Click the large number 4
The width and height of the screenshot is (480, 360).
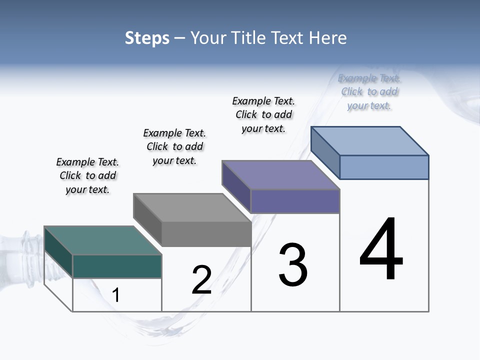point(381,250)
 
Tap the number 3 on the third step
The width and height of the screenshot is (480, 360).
point(292,265)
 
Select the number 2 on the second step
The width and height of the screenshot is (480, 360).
point(201,280)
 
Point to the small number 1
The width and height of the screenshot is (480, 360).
point(116,295)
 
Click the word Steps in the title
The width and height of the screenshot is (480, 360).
point(147,38)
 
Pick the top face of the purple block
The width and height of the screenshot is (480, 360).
point(280,175)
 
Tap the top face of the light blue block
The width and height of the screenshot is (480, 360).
point(369,141)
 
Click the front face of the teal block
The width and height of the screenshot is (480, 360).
point(117,266)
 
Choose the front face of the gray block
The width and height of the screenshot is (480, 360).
point(206,234)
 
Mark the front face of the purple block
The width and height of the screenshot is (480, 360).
point(295,201)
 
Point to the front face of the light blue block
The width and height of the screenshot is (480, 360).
point(384,167)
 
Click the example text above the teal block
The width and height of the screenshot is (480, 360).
point(87,175)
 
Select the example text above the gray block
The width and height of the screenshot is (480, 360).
point(174,146)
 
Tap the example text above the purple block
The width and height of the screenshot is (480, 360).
point(263,114)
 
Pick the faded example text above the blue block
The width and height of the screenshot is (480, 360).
point(369,92)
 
